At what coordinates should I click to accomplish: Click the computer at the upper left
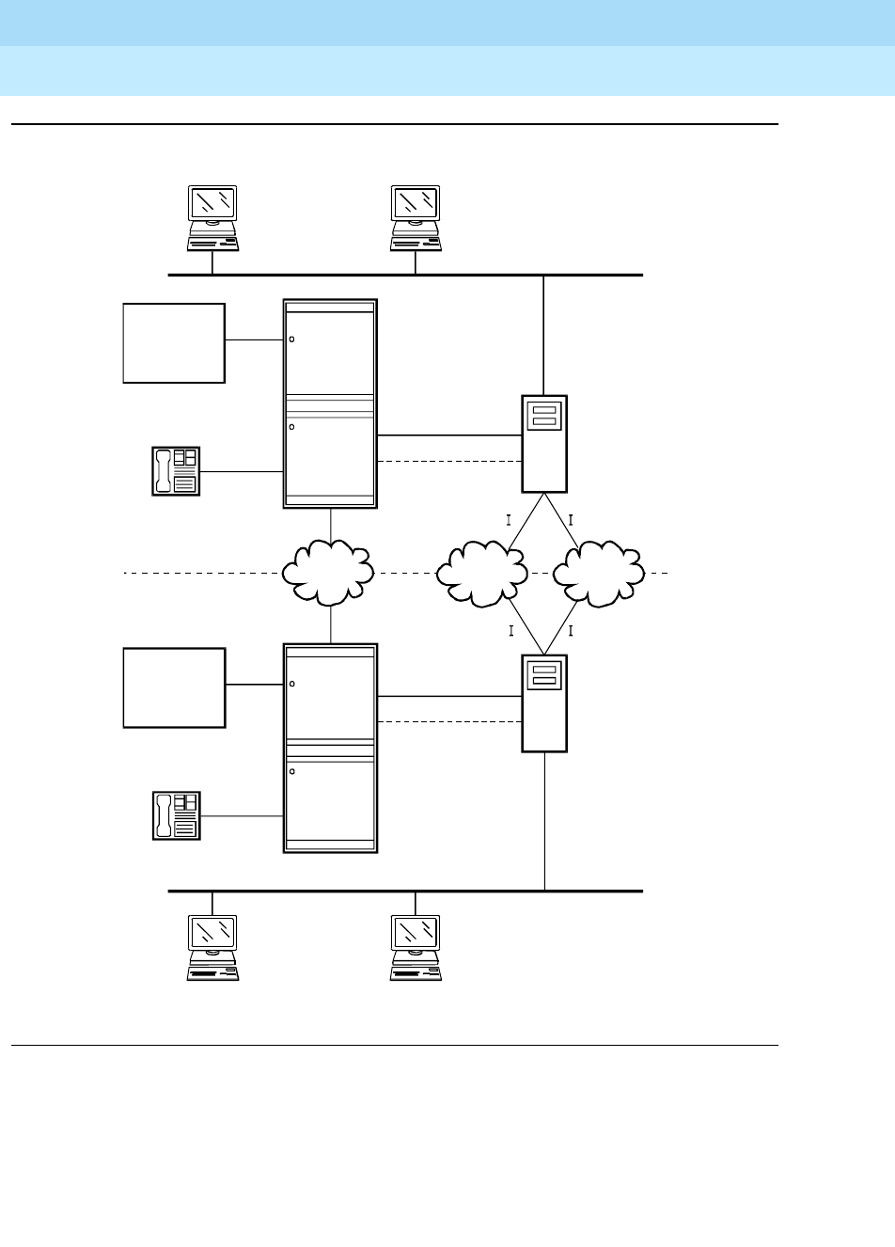(212, 217)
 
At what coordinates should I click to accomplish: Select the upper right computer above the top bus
(416, 217)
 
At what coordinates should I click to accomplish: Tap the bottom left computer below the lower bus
(212, 949)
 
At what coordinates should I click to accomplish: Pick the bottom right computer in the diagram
(416, 949)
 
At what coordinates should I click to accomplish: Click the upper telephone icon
(176, 471)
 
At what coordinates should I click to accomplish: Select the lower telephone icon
(176, 815)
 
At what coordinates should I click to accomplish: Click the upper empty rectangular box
(174, 342)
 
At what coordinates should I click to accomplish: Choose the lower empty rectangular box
(174, 687)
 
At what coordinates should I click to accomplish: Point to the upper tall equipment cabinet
(330, 403)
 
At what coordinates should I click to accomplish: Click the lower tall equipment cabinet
(330, 748)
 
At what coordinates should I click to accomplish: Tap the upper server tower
(544, 443)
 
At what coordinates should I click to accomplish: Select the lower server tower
(544, 702)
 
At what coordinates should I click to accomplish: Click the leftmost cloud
(328, 572)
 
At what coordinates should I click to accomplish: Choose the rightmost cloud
(599, 572)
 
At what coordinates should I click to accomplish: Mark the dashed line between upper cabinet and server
(449, 462)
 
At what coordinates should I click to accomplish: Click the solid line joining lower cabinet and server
(449, 696)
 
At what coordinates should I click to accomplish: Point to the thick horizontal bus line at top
(404, 275)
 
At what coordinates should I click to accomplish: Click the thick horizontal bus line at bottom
(404, 890)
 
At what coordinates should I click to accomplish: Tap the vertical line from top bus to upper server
(544, 335)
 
